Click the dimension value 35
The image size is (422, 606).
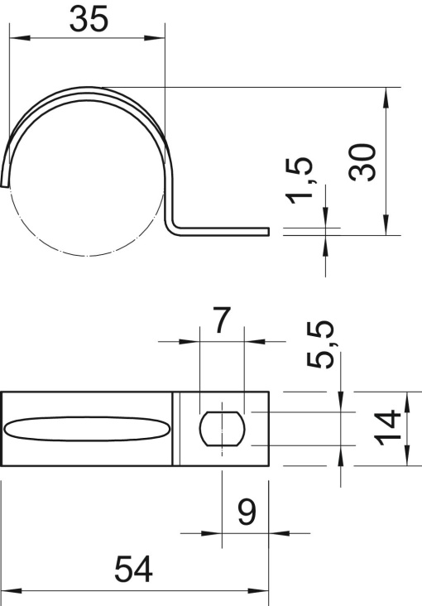tap(89, 20)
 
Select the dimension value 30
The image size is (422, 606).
tap(363, 162)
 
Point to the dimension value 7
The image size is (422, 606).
tap(219, 321)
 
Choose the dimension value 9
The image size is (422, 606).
tap(247, 514)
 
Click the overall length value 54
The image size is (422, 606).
tap(136, 570)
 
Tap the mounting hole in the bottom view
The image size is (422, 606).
tap(222, 428)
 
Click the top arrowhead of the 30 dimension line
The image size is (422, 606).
tap(386, 94)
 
